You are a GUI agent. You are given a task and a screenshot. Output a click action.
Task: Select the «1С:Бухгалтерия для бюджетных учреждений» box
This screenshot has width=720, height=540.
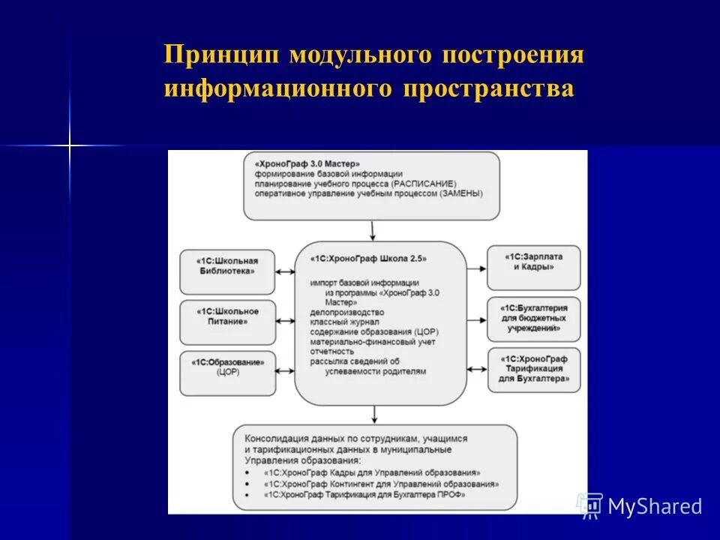(x=533, y=318)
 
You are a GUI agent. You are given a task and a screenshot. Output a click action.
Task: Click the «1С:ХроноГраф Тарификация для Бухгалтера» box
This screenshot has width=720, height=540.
(x=533, y=370)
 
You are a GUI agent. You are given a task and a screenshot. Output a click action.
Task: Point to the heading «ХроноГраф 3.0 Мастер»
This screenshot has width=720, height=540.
(x=307, y=163)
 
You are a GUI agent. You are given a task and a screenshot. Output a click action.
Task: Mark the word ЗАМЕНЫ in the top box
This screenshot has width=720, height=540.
(x=457, y=193)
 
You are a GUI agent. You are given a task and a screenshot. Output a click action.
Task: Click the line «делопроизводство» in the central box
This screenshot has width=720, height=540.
(x=346, y=312)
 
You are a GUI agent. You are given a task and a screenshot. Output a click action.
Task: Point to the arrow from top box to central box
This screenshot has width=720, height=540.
(x=373, y=229)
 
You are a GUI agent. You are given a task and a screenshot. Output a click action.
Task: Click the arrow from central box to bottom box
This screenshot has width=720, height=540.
(x=373, y=415)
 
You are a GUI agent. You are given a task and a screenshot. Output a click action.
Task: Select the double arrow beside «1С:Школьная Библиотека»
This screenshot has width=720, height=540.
(x=285, y=271)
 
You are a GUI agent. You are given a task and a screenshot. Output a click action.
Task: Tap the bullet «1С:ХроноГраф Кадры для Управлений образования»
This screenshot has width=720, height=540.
(x=371, y=474)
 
